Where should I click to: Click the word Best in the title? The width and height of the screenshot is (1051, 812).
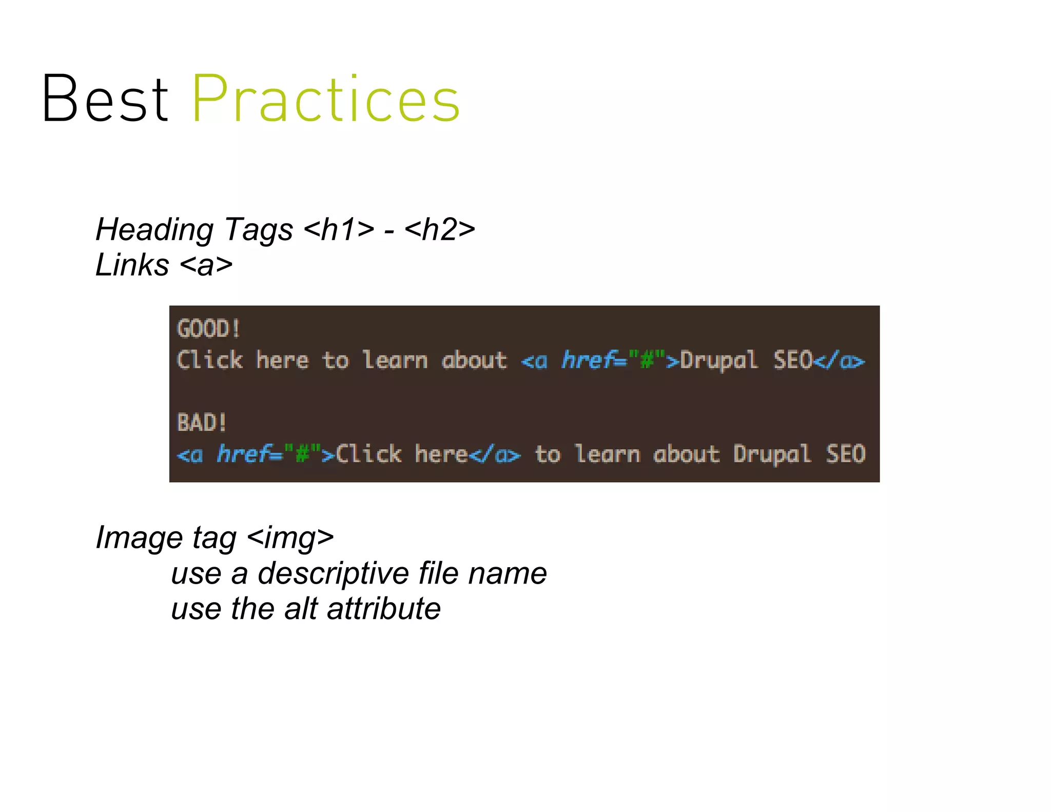point(105,99)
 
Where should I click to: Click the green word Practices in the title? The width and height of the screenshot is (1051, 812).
point(325,99)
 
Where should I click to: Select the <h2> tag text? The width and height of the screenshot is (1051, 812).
point(439,229)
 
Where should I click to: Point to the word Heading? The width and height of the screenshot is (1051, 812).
point(154,229)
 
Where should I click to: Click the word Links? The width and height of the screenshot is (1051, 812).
point(132,265)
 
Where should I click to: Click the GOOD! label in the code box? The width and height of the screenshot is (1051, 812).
point(208,329)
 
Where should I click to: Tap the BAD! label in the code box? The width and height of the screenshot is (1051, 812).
point(202,423)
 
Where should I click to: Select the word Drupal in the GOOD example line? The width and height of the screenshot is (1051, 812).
point(718,360)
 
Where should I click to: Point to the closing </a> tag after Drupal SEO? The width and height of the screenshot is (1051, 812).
point(839,360)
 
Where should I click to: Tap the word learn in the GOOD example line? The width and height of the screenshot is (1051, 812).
point(395,360)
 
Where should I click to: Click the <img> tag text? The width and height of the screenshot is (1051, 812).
point(290,537)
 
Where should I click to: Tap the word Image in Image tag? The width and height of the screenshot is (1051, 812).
point(139,537)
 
